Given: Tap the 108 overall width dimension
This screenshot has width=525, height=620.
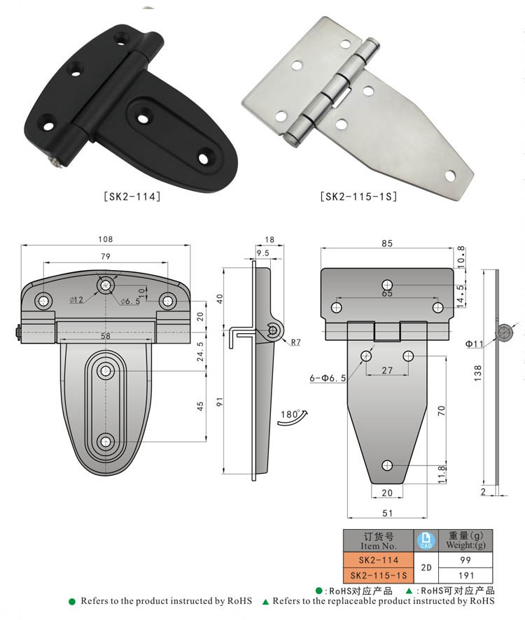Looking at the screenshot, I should [106, 239].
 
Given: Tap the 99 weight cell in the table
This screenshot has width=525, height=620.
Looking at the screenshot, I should [465, 559].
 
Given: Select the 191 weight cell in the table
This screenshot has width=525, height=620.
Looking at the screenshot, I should [465, 575].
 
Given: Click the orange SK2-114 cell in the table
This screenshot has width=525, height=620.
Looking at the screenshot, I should [378, 559].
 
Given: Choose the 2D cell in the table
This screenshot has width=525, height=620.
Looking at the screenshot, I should [426, 567].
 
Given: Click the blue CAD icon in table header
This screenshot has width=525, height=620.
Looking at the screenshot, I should [426, 540].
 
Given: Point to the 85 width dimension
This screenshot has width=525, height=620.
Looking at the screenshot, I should [387, 243].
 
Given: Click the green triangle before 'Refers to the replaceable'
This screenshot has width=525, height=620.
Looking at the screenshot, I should [266, 601].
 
